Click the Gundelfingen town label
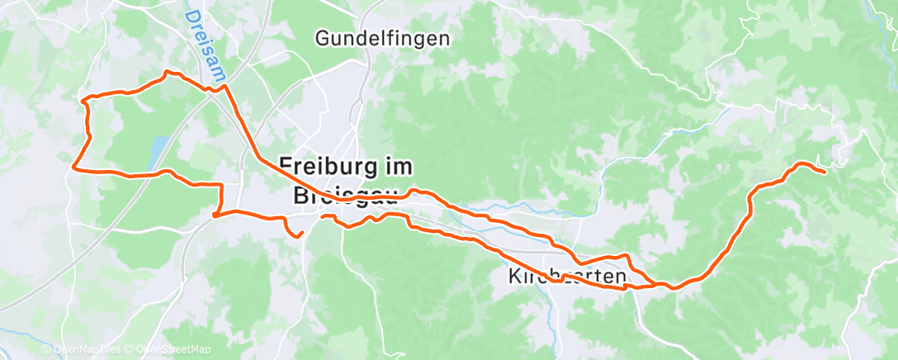[383, 38]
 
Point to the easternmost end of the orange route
[825, 172]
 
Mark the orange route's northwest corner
[83, 100]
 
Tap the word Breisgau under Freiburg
[345, 196]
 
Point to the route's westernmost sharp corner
[74, 168]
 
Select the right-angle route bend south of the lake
[221, 184]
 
